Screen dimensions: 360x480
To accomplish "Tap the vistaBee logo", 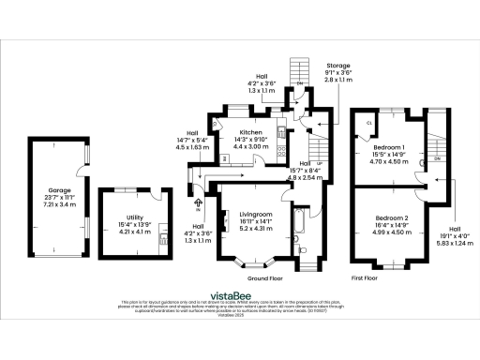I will click(x=242, y=292).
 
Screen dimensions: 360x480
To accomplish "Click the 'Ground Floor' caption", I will click(x=265, y=279).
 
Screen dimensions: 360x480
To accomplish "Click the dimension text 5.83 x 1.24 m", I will click(x=454, y=247).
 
